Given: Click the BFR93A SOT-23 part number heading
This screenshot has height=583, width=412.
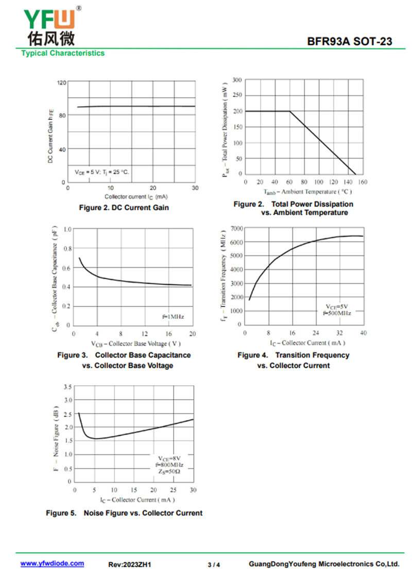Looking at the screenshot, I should click(x=350, y=41).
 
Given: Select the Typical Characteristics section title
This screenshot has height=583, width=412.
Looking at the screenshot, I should click(x=63, y=53).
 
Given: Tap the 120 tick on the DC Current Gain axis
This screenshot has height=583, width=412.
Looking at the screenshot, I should click(x=62, y=82).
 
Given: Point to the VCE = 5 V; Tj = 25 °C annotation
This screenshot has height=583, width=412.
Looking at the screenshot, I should click(x=102, y=172).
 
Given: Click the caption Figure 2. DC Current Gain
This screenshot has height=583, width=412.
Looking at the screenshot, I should click(x=124, y=208).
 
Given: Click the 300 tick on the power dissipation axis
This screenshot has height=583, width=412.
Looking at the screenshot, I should click(x=236, y=80).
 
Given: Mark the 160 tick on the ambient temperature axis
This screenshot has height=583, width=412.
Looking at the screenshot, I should click(x=363, y=182).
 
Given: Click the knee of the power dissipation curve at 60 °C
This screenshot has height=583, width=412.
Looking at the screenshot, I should click(x=290, y=111).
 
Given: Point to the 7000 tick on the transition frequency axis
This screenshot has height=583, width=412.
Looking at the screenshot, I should click(x=235, y=228).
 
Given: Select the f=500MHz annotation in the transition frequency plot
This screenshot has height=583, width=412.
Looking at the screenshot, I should click(x=337, y=313).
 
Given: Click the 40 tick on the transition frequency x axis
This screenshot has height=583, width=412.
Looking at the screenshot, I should click(x=363, y=333).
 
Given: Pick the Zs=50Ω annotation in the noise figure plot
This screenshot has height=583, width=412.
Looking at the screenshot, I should click(x=169, y=471).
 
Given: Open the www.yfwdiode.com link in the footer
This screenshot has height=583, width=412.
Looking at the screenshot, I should click(x=52, y=564).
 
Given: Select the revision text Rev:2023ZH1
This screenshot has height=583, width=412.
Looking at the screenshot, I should click(x=129, y=564).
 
